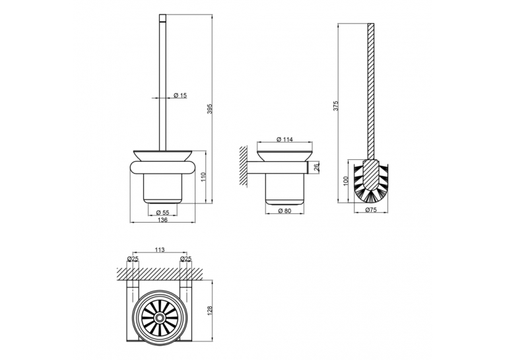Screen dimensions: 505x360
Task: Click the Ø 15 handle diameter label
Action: pyautogui.click(x=180, y=95)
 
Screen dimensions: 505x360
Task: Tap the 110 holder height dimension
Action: pyautogui.click(x=203, y=177)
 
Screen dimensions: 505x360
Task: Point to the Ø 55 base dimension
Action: pyautogui.click(x=162, y=212)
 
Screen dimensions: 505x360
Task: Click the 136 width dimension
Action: pyautogui.click(x=162, y=220)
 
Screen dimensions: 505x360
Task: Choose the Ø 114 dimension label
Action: pyautogui.click(x=285, y=139)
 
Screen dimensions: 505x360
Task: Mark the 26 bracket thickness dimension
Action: pyautogui.click(x=316, y=167)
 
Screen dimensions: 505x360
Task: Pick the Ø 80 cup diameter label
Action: pyautogui.click(x=285, y=211)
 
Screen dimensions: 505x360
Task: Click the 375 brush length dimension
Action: pyautogui.click(x=335, y=106)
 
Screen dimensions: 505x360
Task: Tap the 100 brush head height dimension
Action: pyautogui.click(x=346, y=181)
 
